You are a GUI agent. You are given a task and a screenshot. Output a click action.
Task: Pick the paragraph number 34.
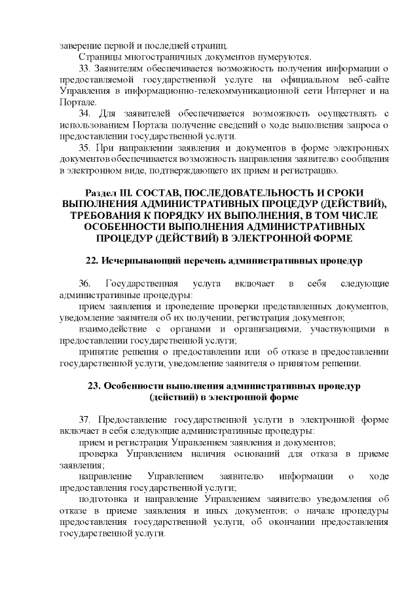(x=84, y=115)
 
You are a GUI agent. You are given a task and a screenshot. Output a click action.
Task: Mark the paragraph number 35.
(x=84, y=149)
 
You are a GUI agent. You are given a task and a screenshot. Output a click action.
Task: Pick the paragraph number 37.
(x=84, y=419)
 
